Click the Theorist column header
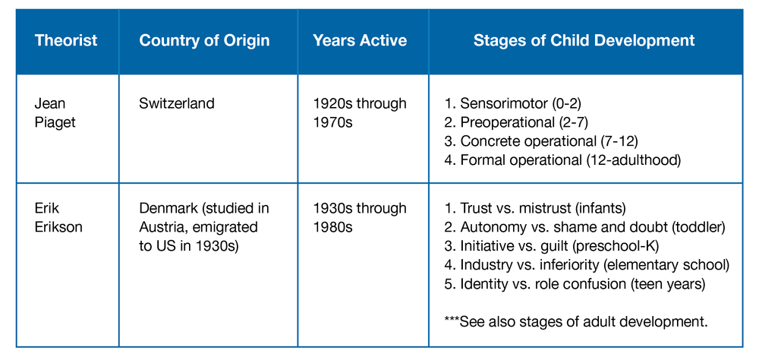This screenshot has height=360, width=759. (x=66, y=40)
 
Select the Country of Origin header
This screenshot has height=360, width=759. (x=204, y=41)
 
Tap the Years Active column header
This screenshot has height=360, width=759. (x=360, y=40)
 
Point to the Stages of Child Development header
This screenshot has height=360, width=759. (x=584, y=41)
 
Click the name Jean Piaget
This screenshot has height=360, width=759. (x=55, y=113)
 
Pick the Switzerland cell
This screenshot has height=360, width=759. (x=177, y=104)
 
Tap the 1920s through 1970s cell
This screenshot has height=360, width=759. (x=360, y=113)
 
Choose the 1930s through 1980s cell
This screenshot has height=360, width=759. (x=360, y=218)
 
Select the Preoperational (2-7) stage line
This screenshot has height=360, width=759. (x=516, y=122)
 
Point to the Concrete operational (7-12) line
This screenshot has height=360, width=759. (x=541, y=141)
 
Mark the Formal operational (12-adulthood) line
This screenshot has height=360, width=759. (x=562, y=159)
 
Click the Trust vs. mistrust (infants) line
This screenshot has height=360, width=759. (x=535, y=209)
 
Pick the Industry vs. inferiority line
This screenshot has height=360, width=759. (x=587, y=264)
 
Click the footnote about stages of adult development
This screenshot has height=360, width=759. (x=576, y=321)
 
